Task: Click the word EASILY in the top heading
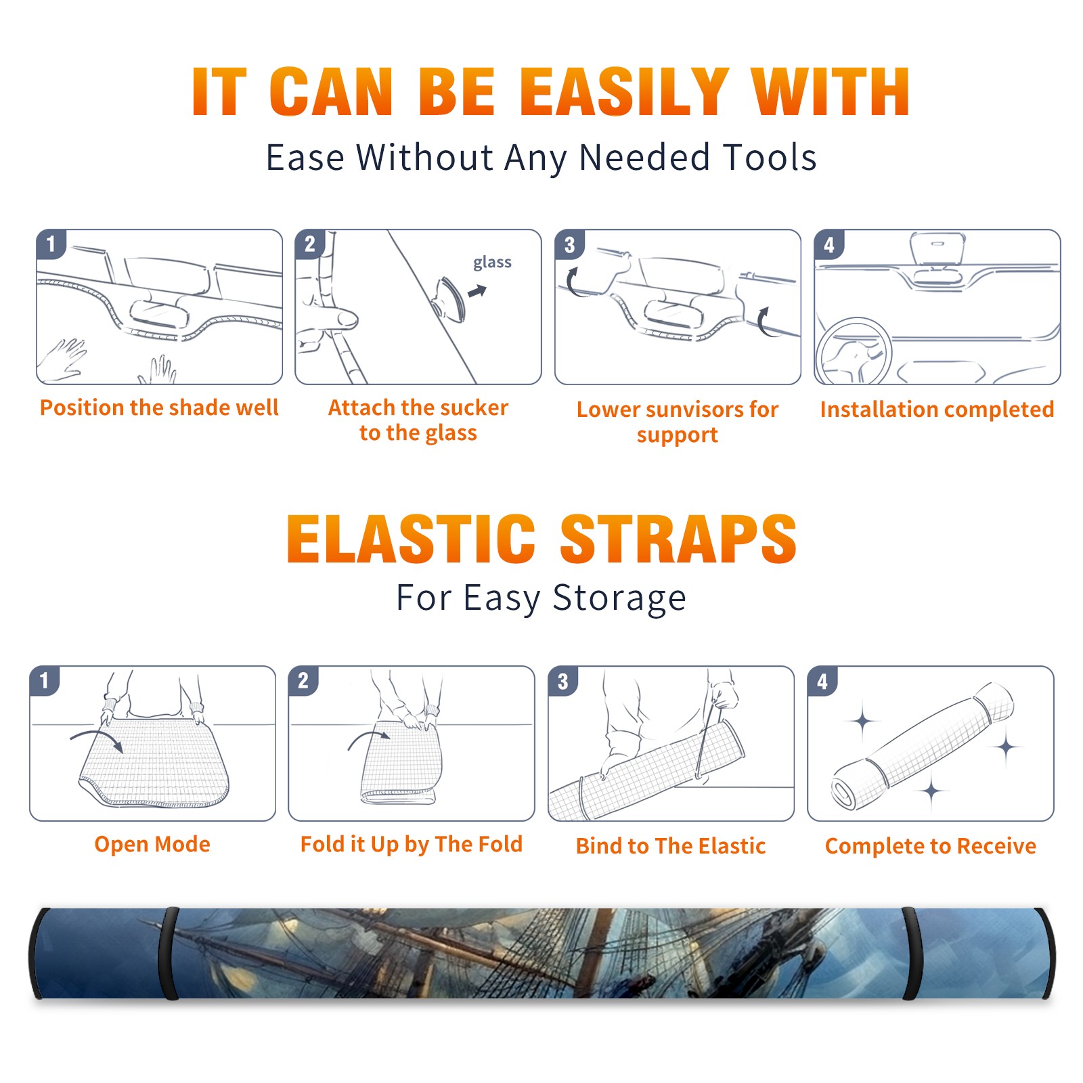click(624, 92)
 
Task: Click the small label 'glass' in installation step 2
click(492, 263)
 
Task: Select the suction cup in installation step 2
click(450, 299)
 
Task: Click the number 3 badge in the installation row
click(569, 244)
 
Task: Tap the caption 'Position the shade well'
click(159, 407)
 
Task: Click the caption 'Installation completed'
click(937, 410)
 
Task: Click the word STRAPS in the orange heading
click(678, 539)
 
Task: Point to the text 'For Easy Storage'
click(541, 598)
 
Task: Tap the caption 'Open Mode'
click(152, 844)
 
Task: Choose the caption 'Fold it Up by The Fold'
click(412, 844)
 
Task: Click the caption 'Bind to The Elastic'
click(671, 846)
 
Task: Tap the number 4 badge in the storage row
click(822, 681)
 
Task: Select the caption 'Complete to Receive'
click(931, 846)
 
